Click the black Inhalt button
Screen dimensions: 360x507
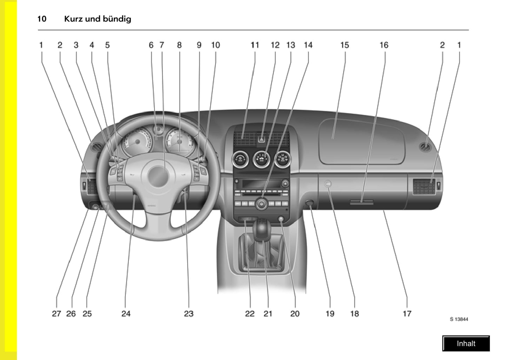pyautogui.click(x=466, y=344)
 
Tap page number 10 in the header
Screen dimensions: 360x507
pyautogui.click(x=42, y=19)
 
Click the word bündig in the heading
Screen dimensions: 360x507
pyautogui.click(x=116, y=19)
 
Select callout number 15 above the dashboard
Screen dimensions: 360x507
pyautogui.click(x=345, y=45)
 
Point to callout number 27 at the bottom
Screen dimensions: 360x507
pyautogui.click(x=56, y=314)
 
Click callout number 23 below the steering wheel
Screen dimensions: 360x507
pyautogui.click(x=189, y=314)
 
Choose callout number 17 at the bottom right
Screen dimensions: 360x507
pyautogui.click(x=407, y=314)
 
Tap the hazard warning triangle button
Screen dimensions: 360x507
pyautogui.click(x=262, y=139)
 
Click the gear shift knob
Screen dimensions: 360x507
pyautogui.click(x=261, y=228)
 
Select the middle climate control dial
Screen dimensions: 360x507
pyautogui.click(x=261, y=160)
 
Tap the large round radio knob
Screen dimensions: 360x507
pyautogui.click(x=261, y=204)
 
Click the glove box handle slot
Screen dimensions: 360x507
pyautogui.click(x=361, y=202)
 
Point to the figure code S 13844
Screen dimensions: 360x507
pyautogui.click(x=459, y=319)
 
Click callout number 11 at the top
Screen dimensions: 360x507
pyautogui.click(x=255, y=45)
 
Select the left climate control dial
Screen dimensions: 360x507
pyautogui.click(x=240, y=159)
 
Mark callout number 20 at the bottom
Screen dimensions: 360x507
pyautogui.click(x=295, y=314)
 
